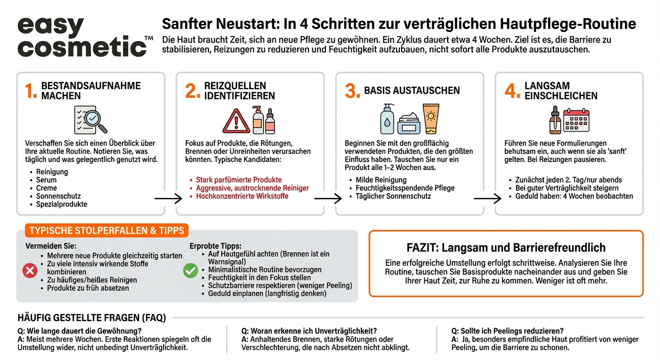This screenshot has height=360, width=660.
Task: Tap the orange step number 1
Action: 31,91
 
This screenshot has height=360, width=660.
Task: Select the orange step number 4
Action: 512,91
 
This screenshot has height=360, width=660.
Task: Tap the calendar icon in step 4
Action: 576,120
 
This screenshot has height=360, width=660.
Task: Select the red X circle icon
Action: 30,270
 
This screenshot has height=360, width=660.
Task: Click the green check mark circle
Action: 190,270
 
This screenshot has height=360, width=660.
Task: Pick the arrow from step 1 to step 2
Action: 168,199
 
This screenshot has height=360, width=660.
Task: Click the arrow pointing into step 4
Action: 487,199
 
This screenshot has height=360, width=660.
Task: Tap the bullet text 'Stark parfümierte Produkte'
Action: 239,180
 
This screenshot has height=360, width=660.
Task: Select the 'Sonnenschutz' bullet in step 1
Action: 59,196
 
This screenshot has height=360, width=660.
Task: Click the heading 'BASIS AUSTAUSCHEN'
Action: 412,91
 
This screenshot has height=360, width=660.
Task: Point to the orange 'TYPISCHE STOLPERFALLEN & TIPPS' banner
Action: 107,230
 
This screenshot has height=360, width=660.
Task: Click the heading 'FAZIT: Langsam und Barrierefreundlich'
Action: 506,247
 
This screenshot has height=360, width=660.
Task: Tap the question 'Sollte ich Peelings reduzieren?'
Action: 507,331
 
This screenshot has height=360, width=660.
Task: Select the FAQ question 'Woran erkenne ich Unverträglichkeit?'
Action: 309,331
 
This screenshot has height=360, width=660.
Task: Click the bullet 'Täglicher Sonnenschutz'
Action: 393,196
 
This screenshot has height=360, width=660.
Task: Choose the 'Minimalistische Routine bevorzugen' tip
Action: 265,270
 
